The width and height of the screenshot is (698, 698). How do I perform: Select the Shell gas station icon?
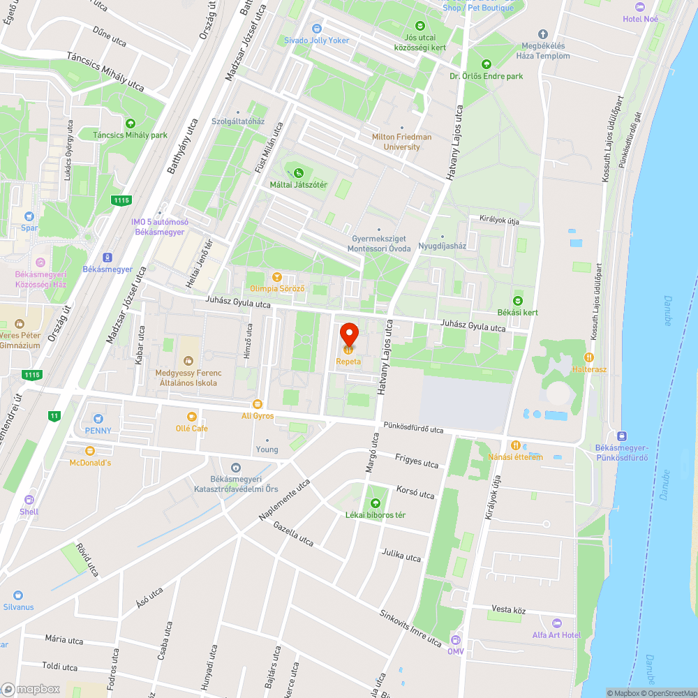point(29,500)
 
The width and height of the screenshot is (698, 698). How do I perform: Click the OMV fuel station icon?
point(455,639)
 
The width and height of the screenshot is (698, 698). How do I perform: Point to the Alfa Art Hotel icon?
point(556,623)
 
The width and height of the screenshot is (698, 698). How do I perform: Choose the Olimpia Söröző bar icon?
point(277,276)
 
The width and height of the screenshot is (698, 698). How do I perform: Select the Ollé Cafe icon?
point(191,416)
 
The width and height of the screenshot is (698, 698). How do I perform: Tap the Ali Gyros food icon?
point(257,404)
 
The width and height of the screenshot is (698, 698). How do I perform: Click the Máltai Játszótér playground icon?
point(299,172)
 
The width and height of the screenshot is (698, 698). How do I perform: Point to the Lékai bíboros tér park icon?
point(375,503)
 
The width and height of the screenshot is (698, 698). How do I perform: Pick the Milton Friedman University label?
point(401,142)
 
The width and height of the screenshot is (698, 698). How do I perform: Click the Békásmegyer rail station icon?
point(107,257)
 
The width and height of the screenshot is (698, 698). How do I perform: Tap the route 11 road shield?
point(54,416)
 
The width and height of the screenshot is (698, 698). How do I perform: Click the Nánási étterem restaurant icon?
point(515,445)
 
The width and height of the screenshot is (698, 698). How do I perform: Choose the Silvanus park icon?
point(18,595)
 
